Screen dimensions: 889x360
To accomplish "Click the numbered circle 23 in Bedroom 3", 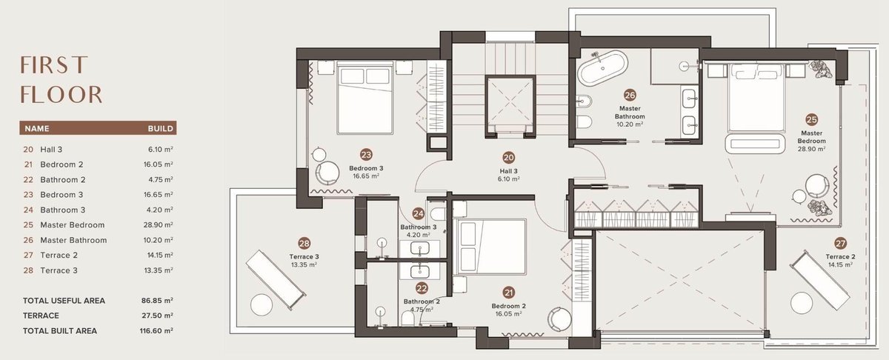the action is coord(366,155).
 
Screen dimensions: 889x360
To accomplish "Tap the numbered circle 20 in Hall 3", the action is coord(508,158).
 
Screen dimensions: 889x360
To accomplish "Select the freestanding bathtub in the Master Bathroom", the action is coord(602,68).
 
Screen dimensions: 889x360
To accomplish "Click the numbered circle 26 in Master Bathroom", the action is coord(630,95).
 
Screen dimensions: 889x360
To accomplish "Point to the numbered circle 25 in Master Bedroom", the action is coord(812,119).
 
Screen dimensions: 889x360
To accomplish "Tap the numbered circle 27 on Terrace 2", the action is coord(840,243).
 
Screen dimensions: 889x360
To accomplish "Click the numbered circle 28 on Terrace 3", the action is coord(304,243).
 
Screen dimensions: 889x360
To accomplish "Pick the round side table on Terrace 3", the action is coord(262,305).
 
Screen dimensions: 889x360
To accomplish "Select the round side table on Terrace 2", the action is coord(802,303).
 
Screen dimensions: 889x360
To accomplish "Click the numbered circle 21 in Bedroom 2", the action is coord(508,293).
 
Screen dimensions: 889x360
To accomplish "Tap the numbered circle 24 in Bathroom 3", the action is coord(419,213).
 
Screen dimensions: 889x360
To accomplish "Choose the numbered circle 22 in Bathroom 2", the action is coord(422,288).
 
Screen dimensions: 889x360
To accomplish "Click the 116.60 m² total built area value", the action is coord(156,330).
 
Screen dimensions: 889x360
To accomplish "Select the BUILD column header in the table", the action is coord(160,129).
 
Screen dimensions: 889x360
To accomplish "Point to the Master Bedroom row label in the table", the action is coord(73,224).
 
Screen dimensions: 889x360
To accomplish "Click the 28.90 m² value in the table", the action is coord(159,224).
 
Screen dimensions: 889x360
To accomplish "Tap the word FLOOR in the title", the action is coord(61,95).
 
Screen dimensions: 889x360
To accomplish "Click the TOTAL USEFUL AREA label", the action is coord(64,301).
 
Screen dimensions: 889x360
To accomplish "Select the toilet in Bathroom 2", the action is coord(408,318).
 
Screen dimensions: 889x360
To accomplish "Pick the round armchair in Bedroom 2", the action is coord(559,319).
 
